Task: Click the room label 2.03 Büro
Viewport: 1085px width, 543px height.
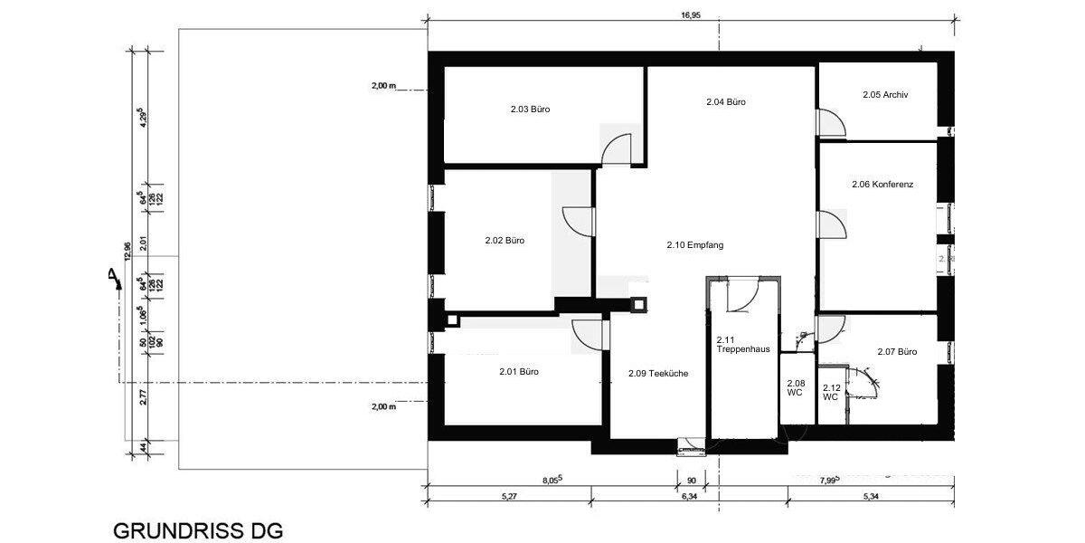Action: (x=530, y=109)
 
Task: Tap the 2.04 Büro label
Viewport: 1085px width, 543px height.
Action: (x=725, y=102)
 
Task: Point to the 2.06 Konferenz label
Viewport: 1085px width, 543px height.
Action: (x=882, y=184)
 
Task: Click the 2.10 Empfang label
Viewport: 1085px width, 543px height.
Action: (x=695, y=245)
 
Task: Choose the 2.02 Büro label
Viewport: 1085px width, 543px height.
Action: (x=505, y=241)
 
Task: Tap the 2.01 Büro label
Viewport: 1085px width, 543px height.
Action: (x=519, y=371)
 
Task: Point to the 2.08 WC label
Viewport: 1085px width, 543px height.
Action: (x=796, y=388)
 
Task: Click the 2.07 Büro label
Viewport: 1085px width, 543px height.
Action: (x=897, y=352)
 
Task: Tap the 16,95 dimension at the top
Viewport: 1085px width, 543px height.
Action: (x=690, y=14)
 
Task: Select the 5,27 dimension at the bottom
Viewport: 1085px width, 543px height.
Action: (x=509, y=496)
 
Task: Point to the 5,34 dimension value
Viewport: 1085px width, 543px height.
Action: (x=871, y=496)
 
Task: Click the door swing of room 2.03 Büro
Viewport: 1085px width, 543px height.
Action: (x=618, y=149)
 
